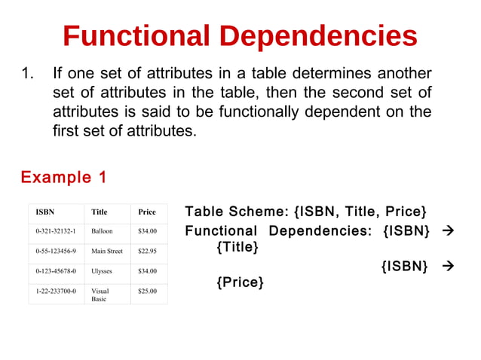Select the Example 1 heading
tap(63, 178)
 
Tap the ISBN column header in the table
tap(44, 212)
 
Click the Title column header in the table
tap(99, 212)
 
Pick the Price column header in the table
tap(146, 212)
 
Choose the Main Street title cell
tap(106, 251)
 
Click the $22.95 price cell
tap(147, 251)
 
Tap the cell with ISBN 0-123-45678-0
tap(56, 270)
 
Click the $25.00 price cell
tap(147, 290)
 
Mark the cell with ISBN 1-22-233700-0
tap(56, 290)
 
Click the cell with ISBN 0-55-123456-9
tap(56, 251)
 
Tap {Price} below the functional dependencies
tap(240, 282)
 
